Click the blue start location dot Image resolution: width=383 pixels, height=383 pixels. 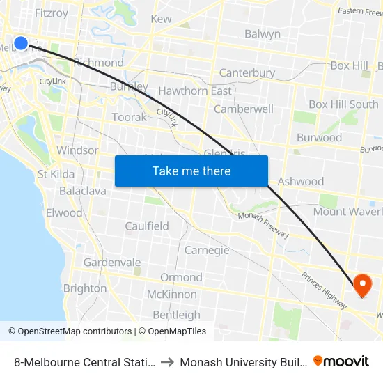tap(21, 43)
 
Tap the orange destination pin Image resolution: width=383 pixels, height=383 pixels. tap(362, 284)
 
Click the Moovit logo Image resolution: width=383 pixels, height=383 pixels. tap(341, 361)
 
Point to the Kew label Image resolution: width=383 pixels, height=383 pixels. tap(161, 19)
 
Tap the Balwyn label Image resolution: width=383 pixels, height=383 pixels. tap(263, 33)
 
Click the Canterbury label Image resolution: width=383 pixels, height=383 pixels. tap(247, 72)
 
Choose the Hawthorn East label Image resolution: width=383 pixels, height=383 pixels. tap(195, 91)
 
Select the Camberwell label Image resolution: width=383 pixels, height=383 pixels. tap(244, 109)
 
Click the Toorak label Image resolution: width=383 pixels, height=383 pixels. tap(130, 117)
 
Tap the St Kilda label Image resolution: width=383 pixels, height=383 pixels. tap(52, 173)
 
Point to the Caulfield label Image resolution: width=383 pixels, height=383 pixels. tap(147, 226)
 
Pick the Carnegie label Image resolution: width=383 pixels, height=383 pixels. tap(207, 250)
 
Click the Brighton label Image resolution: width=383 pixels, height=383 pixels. tap(85, 288)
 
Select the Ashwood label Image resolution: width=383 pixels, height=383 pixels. tap(301, 181)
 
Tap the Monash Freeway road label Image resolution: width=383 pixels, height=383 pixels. tap(263, 225)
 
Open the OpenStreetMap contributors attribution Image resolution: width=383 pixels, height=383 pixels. tap(72, 331)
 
